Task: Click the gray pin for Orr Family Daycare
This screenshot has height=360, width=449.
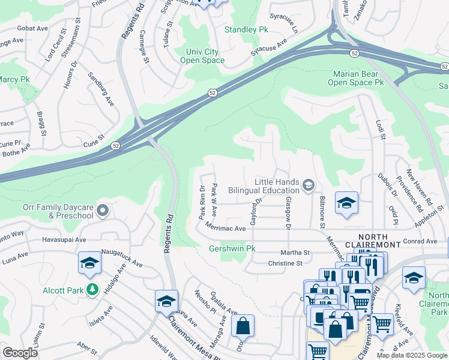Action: click(x=102, y=211)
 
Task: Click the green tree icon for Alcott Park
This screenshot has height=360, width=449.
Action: click(x=92, y=290)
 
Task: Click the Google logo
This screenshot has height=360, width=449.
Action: click(x=20, y=353)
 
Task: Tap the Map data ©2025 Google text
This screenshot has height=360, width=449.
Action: click(x=412, y=355)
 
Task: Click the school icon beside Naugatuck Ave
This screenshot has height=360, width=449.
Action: click(x=89, y=262)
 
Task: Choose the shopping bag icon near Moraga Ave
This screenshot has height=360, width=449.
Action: click(x=243, y=326)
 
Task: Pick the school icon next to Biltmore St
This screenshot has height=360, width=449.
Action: click(x=346, y=203)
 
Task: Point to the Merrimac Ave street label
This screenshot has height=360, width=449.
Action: click(x=225, y=229)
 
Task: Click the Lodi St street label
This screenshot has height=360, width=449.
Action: click(x=380, y=129)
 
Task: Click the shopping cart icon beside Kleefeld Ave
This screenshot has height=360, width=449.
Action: click(x=382, y=325)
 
